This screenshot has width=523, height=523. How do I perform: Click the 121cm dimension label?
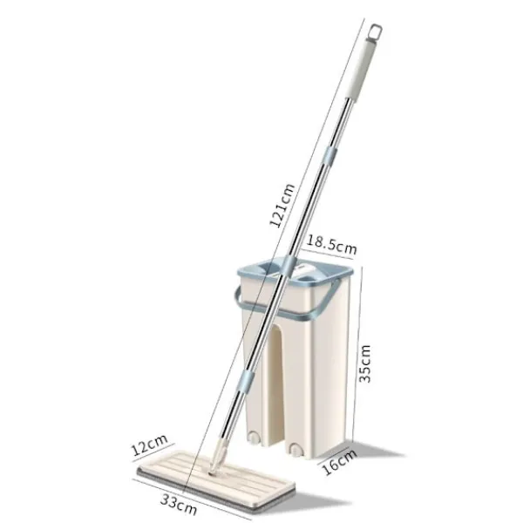coord(282,206)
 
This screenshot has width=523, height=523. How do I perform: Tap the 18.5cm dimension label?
coord(331,246)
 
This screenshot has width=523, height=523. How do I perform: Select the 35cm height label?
coord(364,363)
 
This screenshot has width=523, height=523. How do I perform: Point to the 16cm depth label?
coord(339,462)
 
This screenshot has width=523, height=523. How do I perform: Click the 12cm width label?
coord(149,445)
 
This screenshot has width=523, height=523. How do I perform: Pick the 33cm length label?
coord(179,505)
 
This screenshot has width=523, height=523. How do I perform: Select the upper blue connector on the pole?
coord(329,156)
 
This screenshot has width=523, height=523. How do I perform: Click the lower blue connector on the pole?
coord(247,382)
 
